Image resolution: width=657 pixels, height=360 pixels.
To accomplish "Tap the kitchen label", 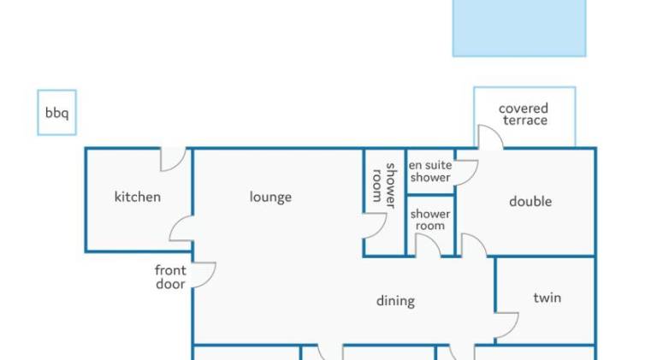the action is (x=138, y=197).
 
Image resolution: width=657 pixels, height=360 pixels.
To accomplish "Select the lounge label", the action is (x=270, y=198).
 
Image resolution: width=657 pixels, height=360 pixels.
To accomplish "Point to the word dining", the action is (x=395, y=301).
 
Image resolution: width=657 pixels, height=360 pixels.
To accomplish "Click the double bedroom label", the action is (x=530, y=201).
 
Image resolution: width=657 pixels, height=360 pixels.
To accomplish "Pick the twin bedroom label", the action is (x=547, y=298).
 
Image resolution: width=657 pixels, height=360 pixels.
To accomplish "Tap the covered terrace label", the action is (x=524, y=115).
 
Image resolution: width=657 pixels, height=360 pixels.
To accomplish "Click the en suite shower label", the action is (x=430, y=171).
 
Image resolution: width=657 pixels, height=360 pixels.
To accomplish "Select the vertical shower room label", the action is (x=384, y=186).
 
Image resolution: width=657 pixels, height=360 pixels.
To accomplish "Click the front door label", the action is (x=170, y=277).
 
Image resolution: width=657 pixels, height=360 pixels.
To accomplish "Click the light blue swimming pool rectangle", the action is (x=519, y=27).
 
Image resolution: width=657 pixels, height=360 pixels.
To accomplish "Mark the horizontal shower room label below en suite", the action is (x=430, y=220).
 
